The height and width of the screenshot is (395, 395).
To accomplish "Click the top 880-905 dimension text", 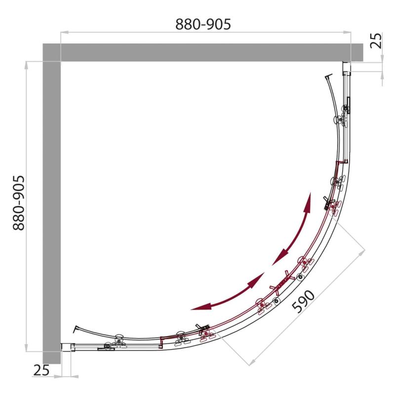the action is click(x=203, y=24).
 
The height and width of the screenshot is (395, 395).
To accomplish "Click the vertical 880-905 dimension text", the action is click(x=19, y=203).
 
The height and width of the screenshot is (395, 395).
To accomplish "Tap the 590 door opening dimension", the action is click(x=303, y=302).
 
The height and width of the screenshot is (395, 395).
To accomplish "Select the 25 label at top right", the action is click(x=376, y=40).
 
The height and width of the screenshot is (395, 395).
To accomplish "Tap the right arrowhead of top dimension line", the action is click(x=348, y=32).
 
